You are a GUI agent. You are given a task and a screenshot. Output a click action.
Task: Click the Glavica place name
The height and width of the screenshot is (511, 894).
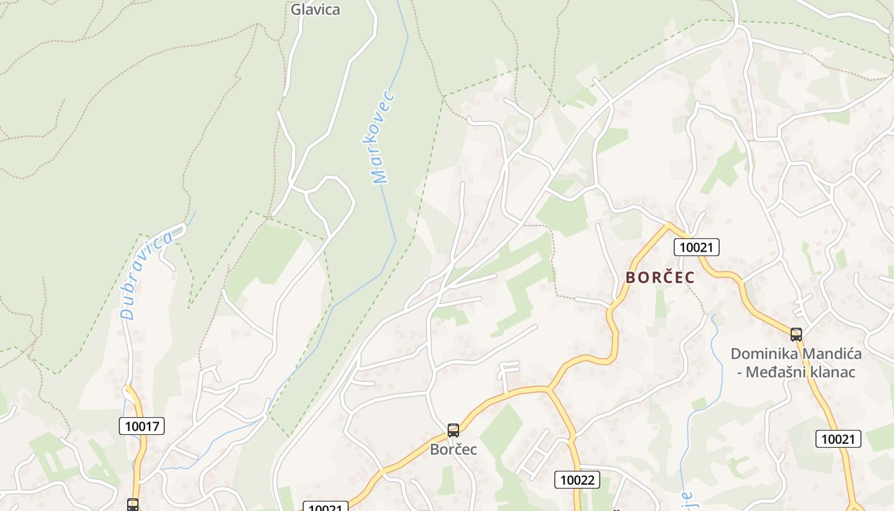(315, 10)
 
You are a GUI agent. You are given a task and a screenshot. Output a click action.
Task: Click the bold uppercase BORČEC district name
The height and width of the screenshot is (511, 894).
(660, 278)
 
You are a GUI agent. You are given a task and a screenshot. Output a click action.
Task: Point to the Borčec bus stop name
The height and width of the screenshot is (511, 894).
(453, 449)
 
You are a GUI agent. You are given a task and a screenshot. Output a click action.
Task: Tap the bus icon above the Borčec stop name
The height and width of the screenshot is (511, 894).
(453, 431)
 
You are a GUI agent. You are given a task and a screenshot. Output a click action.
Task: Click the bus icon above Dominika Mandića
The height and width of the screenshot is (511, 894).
(796, 334)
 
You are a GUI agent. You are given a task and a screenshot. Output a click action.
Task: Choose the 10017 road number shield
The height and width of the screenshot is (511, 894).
(142, 426)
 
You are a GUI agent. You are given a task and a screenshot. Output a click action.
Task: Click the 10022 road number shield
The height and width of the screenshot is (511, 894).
(577, 480)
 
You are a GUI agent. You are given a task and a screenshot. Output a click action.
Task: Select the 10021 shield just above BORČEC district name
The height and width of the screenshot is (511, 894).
(697, 247)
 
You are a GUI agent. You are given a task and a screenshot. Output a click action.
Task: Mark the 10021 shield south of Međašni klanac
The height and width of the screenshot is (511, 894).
(838, 439)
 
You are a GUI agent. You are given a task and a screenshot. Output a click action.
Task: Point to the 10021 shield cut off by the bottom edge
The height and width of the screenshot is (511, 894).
(325, 507)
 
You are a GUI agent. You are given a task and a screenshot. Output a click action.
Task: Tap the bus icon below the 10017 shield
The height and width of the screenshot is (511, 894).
(133, 505)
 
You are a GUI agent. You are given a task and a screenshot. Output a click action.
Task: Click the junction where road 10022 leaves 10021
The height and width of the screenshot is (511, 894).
(548, 388)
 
